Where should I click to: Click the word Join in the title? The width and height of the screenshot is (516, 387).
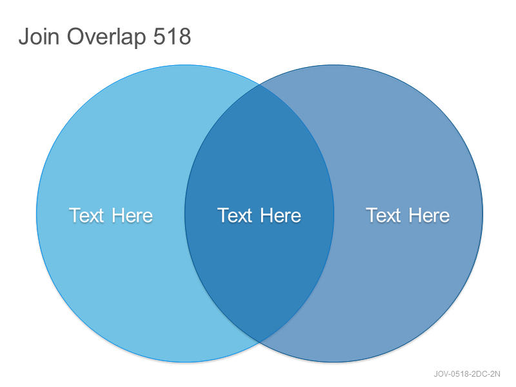point(39,36)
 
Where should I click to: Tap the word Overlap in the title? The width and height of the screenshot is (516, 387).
point(106,37)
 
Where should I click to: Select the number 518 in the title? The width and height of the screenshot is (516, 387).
point(172,36)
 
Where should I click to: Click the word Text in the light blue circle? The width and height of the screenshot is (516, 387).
point(86,215)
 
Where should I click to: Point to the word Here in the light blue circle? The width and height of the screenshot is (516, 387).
point(132,215)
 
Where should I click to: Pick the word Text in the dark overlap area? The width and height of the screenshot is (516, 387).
point(235,215)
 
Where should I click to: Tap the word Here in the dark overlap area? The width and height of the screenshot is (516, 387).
point(281,215)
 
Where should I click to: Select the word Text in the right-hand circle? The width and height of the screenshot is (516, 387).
point(383,215)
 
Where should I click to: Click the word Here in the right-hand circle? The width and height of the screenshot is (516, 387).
point(429,215)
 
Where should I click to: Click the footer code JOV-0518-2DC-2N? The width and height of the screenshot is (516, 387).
point(467,374)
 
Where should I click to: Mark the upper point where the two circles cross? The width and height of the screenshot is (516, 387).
point(260,84)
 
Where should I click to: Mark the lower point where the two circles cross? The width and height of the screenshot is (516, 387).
point(260,342)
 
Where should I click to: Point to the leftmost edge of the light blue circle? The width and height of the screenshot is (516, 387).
point(37,213)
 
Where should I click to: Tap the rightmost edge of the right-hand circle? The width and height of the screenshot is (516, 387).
point(482,213)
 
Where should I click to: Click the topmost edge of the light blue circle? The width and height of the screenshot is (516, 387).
point(185,65)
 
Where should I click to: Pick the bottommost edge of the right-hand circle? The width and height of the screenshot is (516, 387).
point(333,362)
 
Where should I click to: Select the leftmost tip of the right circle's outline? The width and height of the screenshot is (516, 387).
point(185,213)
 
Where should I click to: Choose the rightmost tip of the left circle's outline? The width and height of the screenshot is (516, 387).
point(334,213)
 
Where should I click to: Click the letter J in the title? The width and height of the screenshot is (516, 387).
point(24,36)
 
